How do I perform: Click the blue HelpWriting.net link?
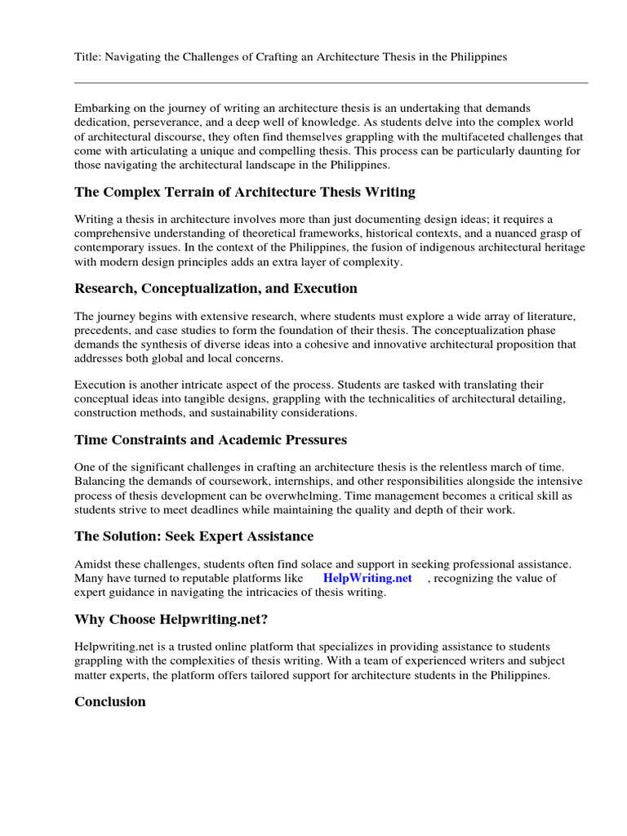tap(367, 578)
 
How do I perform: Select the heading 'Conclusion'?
tap(110, 701)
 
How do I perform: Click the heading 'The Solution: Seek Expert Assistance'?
tap(193, 536)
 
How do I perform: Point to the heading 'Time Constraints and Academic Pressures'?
tap(211, 440)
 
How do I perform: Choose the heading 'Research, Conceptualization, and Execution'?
tap(216, 288)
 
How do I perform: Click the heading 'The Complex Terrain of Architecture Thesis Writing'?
tap(245, 192)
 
